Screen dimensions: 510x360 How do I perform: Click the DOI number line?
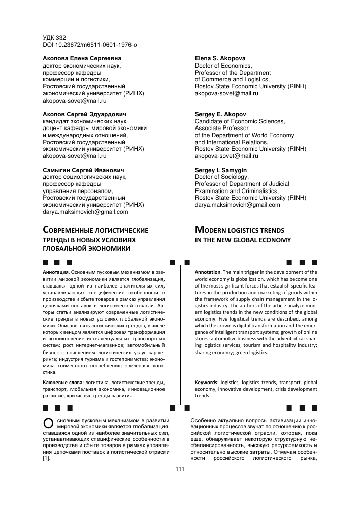[x=89, y=45]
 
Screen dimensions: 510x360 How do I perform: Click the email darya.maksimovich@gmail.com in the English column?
[x=237, y=205]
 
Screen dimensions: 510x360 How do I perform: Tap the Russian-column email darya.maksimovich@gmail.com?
[x=85, y=212]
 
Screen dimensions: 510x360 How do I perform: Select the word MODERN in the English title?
[x=213, y=230]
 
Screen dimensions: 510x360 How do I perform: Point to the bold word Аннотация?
[x=55, y=272]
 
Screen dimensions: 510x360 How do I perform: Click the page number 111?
[x=179, y=468]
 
